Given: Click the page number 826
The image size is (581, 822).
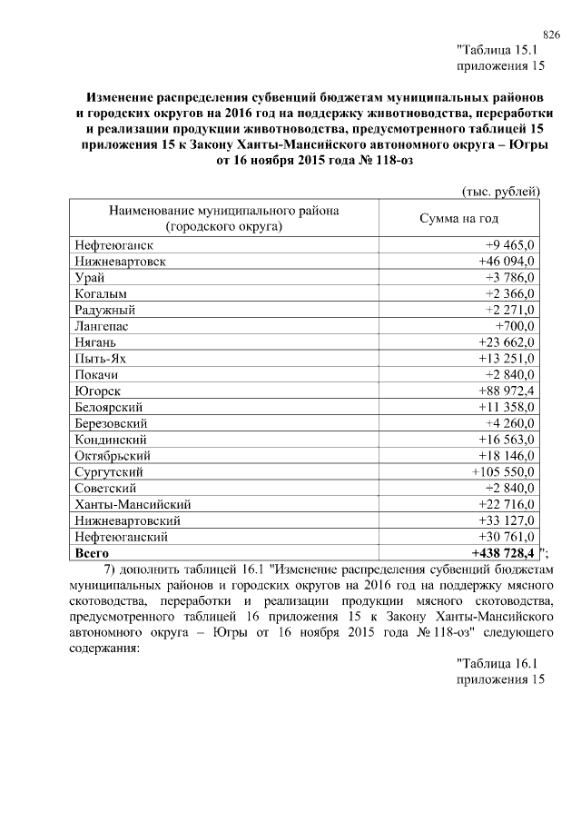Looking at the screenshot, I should (550, 34).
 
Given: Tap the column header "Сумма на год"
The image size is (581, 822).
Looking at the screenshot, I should (458, 219).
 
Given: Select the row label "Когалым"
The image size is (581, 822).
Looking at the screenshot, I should (101, 293).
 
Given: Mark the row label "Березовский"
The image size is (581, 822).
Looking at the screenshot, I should (112, 423).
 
